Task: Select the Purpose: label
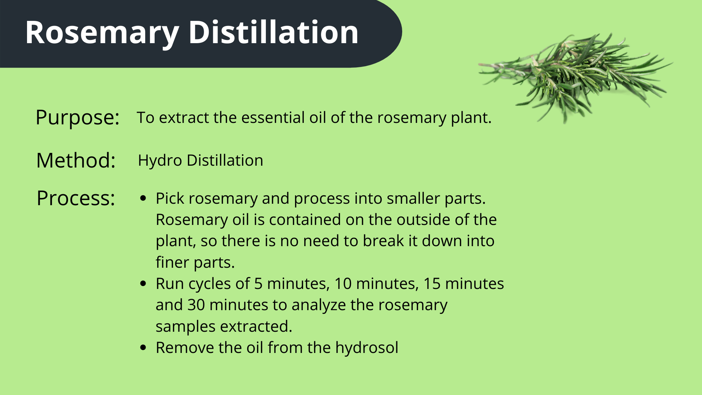click(x=78, y=117)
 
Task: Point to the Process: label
click(x=76, y=198)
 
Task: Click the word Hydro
click(x=160, y=161)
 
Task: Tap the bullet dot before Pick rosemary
click(x=143, y=199)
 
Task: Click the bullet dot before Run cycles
click(x=143, y=284)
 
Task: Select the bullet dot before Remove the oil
click(x=143, y=348)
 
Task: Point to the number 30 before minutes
click(x=196, y=305)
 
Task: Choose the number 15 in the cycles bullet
click(x=432, y=284)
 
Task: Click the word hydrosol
click(x=366, y=348)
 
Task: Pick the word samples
click(x=185, y=327)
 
